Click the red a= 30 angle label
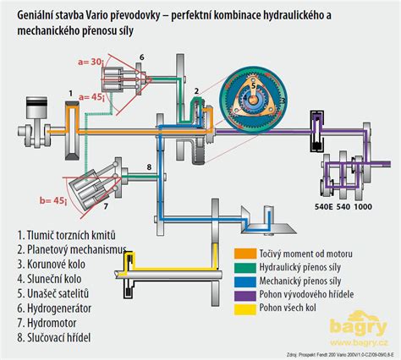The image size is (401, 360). (x=89, y=62)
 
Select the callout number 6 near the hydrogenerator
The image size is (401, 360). (x=141, y=57)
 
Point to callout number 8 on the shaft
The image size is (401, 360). (x=148, y=167)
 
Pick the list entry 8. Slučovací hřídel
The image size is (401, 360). (x=57, y=338)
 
